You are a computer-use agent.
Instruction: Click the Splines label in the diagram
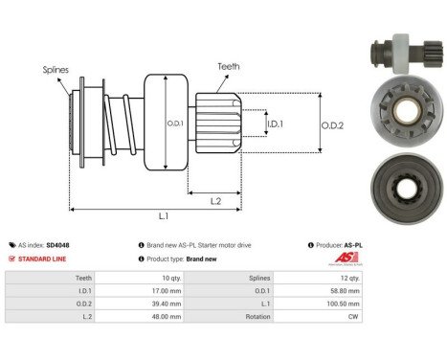(x=56, y=69)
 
